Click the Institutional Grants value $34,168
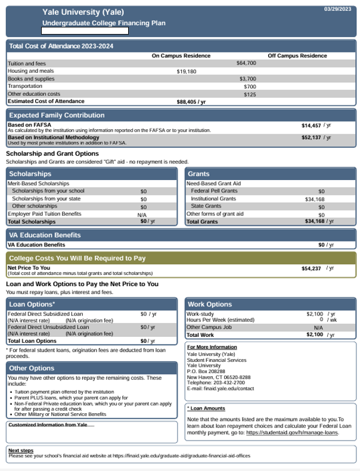314,199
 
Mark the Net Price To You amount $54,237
312,268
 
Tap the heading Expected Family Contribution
57,115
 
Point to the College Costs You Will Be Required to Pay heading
77,258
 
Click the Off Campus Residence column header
297,55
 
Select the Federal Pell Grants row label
214,191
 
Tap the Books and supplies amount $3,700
247,79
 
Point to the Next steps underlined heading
21,450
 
